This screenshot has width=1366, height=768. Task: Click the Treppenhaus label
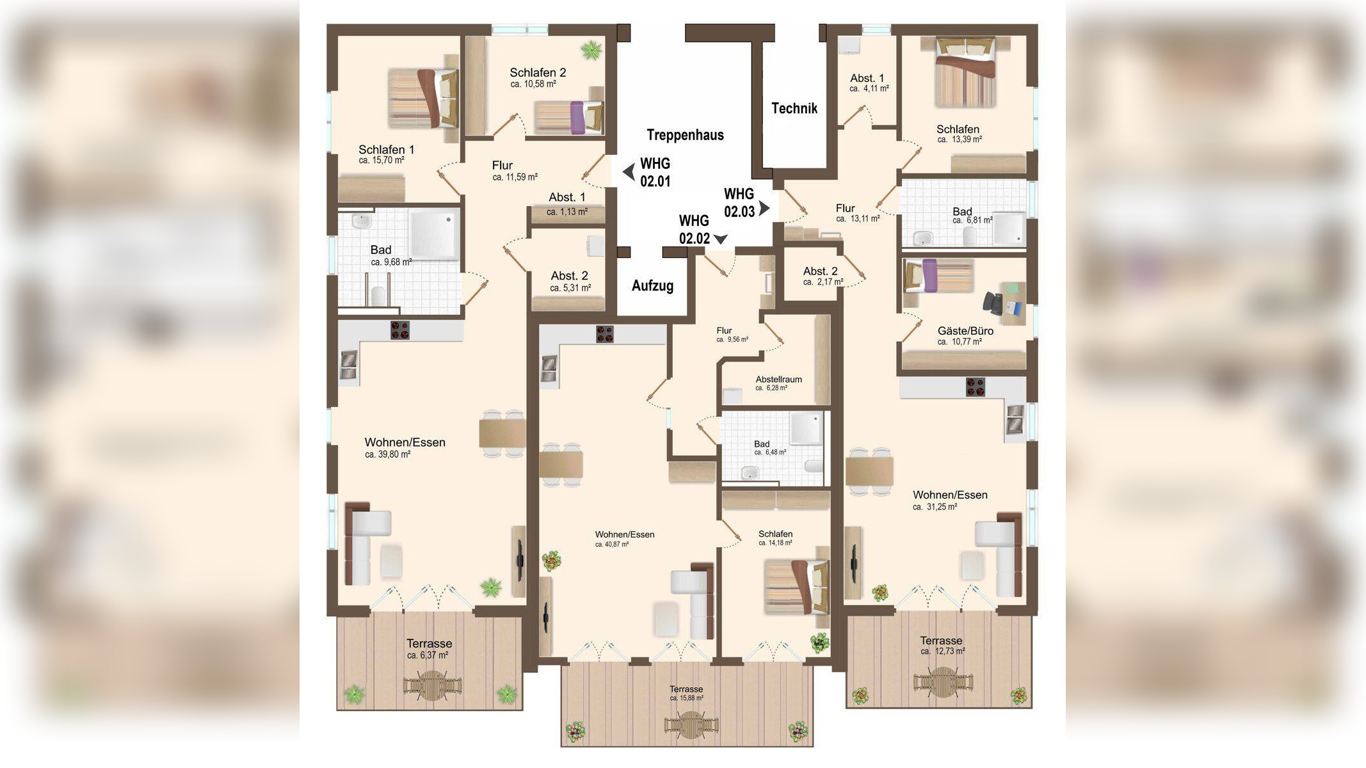[685, 134]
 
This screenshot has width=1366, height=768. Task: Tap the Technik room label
[794, 108]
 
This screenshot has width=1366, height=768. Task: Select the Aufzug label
[652, 285]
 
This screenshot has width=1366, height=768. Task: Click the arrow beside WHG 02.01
[629, 172]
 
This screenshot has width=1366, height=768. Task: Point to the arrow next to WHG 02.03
[764, 208]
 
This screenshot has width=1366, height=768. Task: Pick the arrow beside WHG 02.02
[721, 239]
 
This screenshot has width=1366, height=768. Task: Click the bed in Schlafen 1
[423, 99]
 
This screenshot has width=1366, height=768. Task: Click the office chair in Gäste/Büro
[993, 302]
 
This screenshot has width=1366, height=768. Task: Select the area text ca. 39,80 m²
[387, 454]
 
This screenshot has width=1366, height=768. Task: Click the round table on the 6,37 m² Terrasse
[432, 685]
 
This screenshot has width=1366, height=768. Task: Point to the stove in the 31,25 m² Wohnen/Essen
[975, 387]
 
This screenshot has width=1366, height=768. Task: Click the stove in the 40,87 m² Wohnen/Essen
[604, 334]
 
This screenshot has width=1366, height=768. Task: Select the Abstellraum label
[778, 379]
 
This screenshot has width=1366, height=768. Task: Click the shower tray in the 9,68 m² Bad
[434, 234]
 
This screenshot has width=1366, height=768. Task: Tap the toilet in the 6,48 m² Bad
[814, 465]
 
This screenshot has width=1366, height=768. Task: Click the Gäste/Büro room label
[965, 331]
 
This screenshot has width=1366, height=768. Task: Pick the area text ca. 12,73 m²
[942, 652]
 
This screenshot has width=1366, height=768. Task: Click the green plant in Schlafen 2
[591, 49]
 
